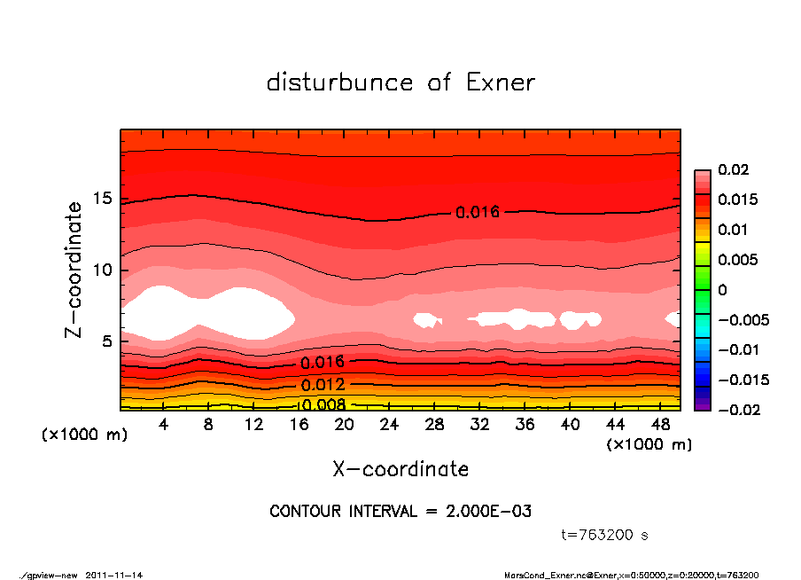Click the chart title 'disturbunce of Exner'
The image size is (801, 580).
[x=400, y=82]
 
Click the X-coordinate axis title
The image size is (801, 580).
[x=400, y=468]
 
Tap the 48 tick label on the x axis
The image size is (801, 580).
[x=661, y=425]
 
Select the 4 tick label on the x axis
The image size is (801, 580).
[x=163, y=425]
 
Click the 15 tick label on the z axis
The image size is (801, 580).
[x=102, y=200]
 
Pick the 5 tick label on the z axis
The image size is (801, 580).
[x=106, y=341]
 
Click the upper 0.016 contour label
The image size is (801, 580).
[x=478, y=212]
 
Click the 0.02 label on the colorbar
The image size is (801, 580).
[x=734, y=169]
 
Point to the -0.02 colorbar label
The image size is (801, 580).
[x=736, y=410]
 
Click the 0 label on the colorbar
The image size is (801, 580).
[x=722, y=290]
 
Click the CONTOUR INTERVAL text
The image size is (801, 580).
[x=400, y=512]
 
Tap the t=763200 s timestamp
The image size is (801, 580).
[x=605, y=536]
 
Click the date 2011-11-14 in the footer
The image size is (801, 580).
[x=114, y=576]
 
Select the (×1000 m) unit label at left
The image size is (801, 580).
[x=81, y=436]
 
